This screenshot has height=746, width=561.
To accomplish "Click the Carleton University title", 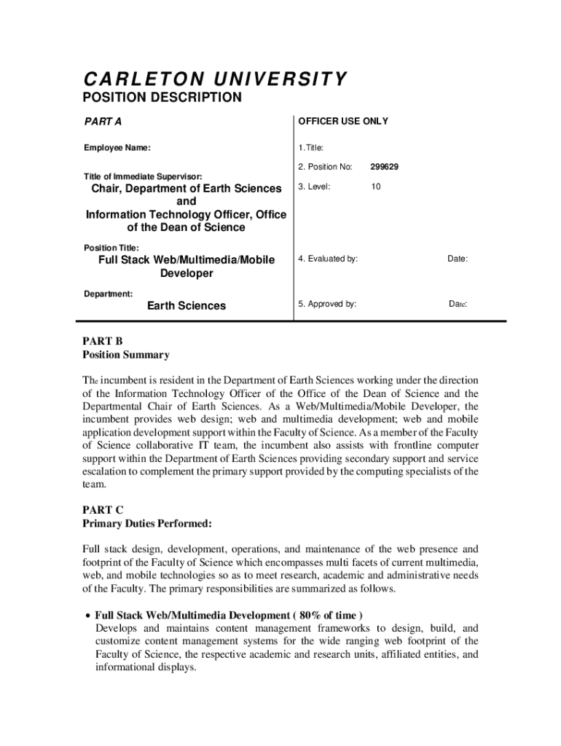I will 214,79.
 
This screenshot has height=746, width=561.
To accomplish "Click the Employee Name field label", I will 117,148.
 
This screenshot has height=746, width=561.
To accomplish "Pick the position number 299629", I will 384,167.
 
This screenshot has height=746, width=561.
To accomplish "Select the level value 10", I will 375,186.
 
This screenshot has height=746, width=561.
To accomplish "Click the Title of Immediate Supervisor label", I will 142,176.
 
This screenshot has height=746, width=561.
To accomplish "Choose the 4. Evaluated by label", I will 328,259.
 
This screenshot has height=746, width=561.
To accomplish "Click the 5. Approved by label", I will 327,304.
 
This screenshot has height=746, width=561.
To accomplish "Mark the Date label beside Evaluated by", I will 458,259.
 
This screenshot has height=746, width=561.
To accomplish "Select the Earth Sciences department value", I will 187,306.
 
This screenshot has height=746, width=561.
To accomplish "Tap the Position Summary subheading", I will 125,355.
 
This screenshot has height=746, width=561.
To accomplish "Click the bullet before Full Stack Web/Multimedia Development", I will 86,614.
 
